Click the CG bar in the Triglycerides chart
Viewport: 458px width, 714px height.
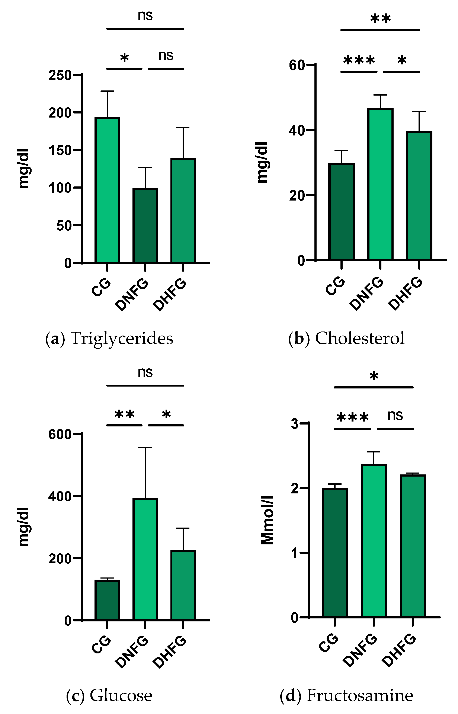coord(107,190)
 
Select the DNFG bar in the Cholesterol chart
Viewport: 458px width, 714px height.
coord(380,184)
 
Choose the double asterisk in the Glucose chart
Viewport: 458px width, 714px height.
coord(124,414)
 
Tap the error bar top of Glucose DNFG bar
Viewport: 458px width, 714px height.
coord(145,447)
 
